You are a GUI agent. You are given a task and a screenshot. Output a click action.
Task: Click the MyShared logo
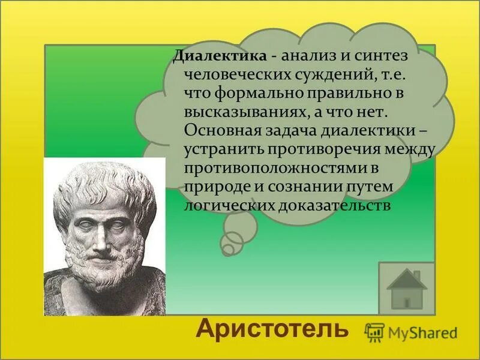click(412, 332)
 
